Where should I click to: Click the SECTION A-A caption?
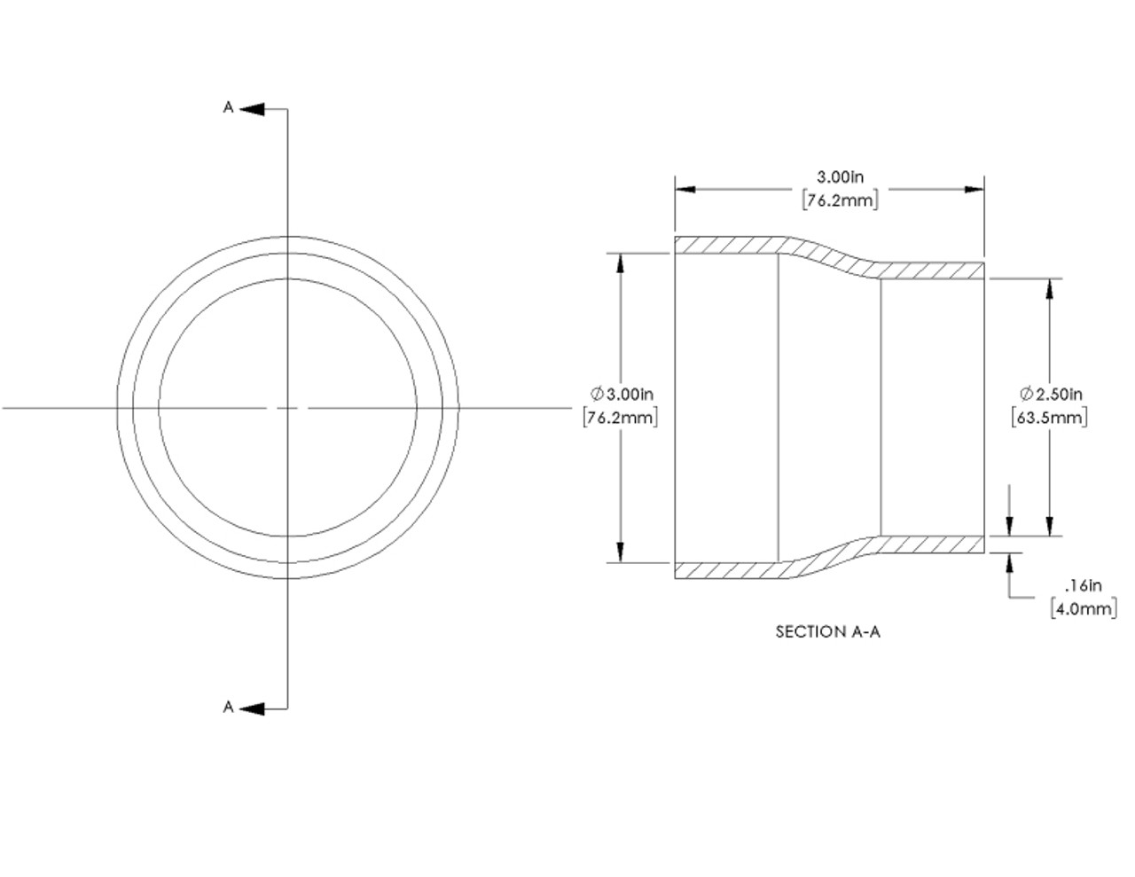pyautogui.click(x=828, y=631)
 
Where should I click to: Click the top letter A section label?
pyautogui.click(x=228, y=107)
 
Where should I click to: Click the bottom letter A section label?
pyautogui.click(x=228, y=707)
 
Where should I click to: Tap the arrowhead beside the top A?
pyautogui.click(x=252, y=109)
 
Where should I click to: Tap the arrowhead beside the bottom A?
pyautogui.click(x=252, y=709)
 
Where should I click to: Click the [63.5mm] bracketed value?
pyautogui.click(x=1049, y=416)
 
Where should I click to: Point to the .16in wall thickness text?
pyautogui.click(x=1082, y=585)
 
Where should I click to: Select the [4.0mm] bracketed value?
pyautogui.click(x=1083, y=608)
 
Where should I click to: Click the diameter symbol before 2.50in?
pyautogui.click(x=1027, y=393)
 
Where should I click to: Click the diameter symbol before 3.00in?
pyautogui.click(x=597, y=393)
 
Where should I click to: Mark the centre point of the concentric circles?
pyautogui.click(x=287, y=408)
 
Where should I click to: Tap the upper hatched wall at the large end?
pyautogui.click(x=727, y=245)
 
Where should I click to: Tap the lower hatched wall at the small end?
pyautogui.click(x=931, y=544)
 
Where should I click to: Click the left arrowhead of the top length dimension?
pyautogui.click(x=685, y=189)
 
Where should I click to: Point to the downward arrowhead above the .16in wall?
pyautogui.click(x=1009, y=527)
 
